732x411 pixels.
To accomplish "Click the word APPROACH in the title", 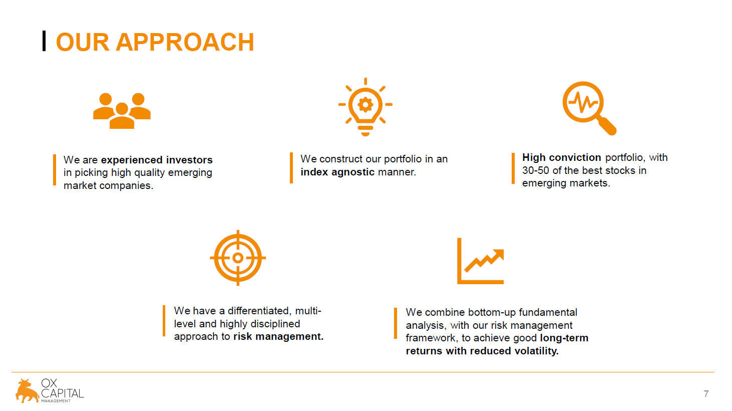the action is [x=185, y=42].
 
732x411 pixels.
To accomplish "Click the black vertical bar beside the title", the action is [x=44, y=41].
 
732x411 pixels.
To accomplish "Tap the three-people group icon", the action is [x=122, y=111].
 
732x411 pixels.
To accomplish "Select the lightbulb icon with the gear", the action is [x=365, y=107].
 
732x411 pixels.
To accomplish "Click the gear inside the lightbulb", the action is [x=365, y=105].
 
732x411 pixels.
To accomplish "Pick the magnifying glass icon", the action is [x=589, y=108].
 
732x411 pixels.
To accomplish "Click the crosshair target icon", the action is [x=238, y=258].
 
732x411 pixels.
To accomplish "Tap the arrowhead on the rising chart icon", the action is [x=498, y=255].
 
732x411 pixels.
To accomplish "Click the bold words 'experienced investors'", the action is [x=157, y=160].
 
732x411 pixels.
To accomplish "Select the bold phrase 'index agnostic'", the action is [x=337, y=172].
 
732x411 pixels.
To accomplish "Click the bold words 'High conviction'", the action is [x=561, y=157].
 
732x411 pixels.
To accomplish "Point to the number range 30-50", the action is [x=536, y=170].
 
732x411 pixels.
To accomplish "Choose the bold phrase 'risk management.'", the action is [x=278, y=336].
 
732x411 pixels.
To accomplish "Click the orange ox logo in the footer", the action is [x=27, y=391].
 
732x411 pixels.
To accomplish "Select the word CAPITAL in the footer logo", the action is [x=63, y=393].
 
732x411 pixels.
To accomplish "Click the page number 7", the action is [x=706, y=393].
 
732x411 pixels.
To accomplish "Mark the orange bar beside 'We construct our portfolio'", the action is [x=291, y=168].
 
